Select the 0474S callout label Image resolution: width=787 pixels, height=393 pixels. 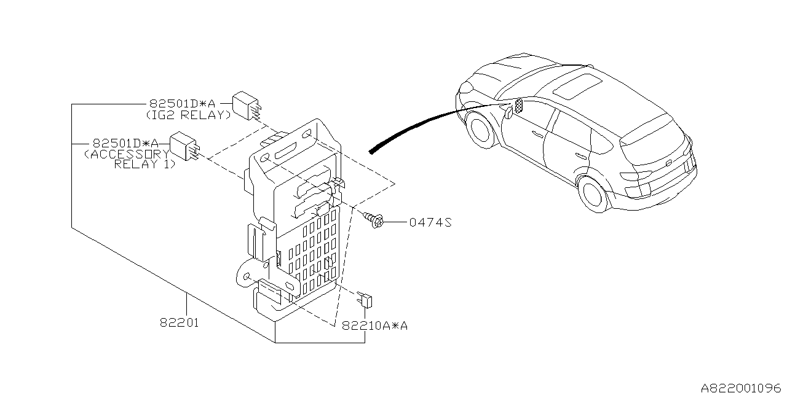tap(430, 223)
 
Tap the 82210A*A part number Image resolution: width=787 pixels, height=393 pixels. tap(375, 326)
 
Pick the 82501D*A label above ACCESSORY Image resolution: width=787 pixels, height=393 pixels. tap(125, 142)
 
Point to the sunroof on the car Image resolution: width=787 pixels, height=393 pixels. tap(579, 86)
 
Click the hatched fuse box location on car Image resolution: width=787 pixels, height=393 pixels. tap(518, 106)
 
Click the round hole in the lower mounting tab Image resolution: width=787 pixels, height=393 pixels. tap(247, 278)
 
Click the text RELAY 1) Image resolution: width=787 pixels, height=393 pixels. tap(144, 165)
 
